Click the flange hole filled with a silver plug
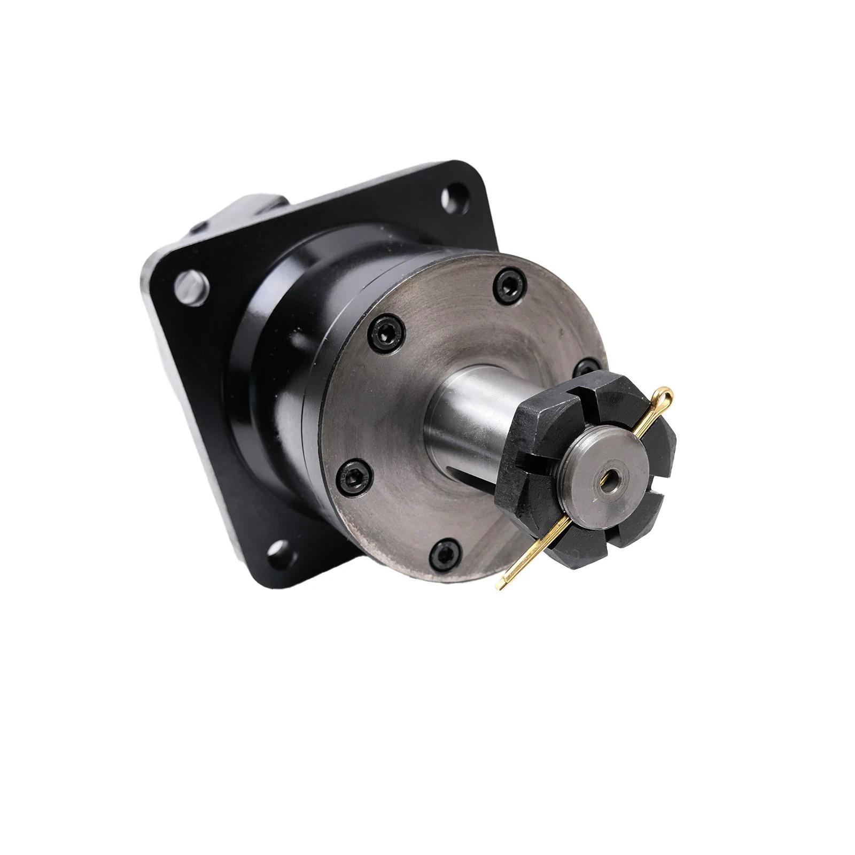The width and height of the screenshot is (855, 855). pos(191,286)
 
